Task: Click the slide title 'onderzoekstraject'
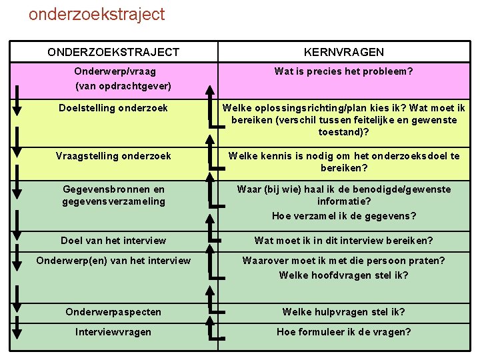point(97,14)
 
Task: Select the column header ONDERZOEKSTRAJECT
point(113,52)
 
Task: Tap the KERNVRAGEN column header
point(343,52)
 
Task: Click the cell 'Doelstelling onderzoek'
point(113,108)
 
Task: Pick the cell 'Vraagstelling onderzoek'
point(113,156)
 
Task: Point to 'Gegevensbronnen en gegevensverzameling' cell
point(113,195)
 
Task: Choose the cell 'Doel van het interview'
point(113,241)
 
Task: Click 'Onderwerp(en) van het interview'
point(113,261)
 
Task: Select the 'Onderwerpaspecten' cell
point(113,312)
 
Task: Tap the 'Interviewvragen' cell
point(113,332)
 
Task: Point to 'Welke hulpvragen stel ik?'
point(343,312)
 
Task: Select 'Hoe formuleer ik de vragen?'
point(343,332)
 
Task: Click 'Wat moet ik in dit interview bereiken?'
point(343,241)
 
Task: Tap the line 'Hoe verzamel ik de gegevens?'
point(343,216)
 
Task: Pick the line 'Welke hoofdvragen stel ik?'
point(343,275)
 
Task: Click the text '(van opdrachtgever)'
point(123,86)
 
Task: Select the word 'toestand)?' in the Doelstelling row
point(343,132)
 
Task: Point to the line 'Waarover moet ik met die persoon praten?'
point(343,261)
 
